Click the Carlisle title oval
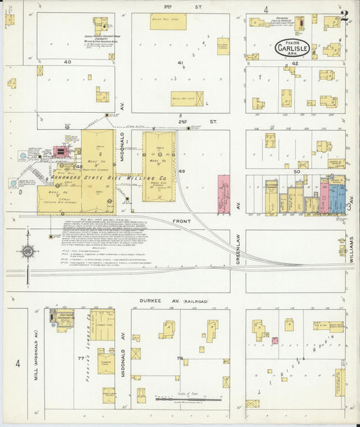[292, 49]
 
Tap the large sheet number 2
[344, 16]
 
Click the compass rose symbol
[28, 251]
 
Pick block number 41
[180, 63]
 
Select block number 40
[67, 61]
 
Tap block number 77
[81, 356]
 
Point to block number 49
[181, 171]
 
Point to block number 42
[295, 63]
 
